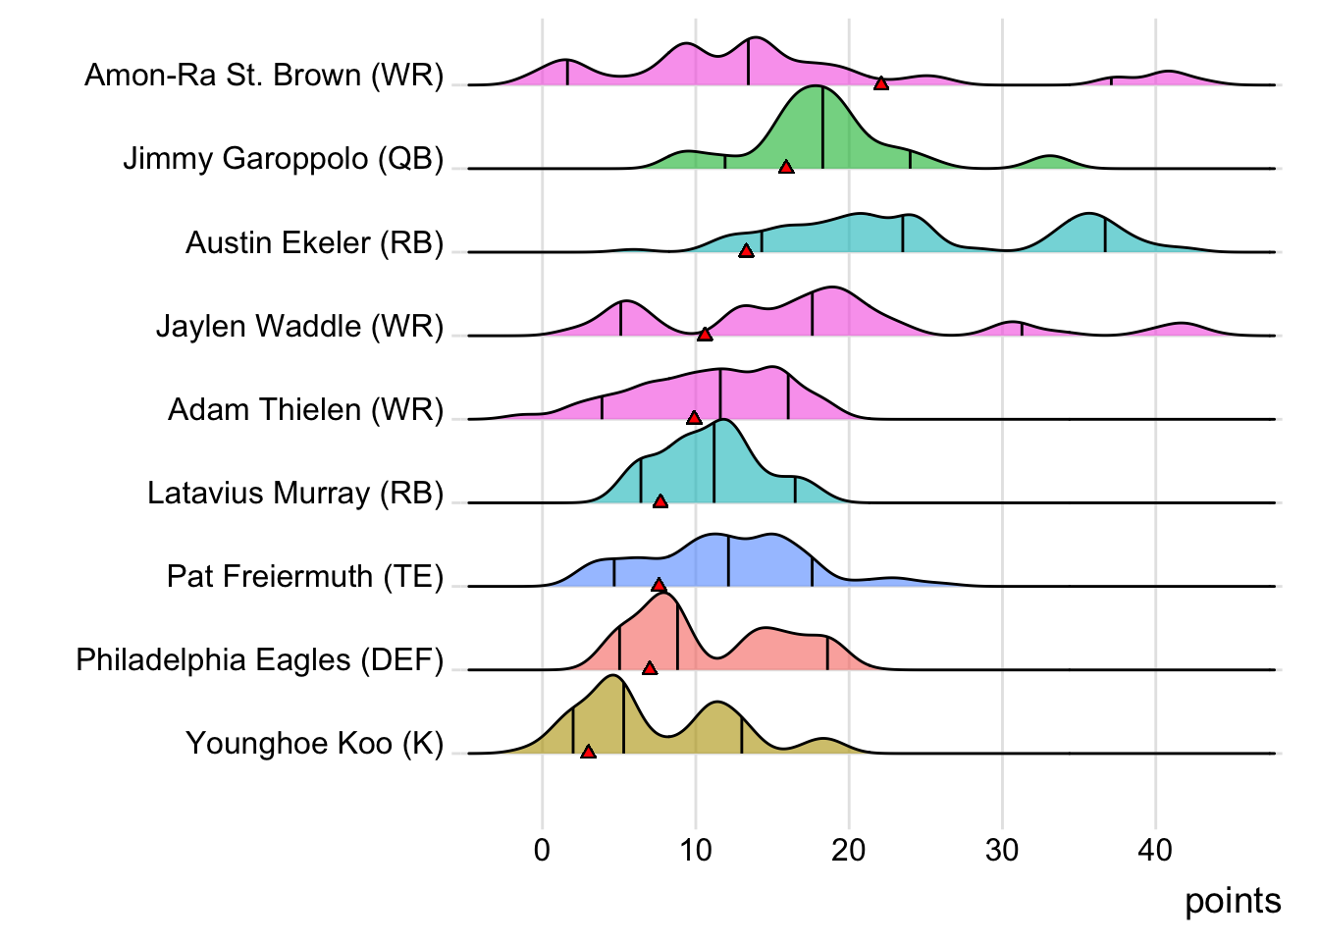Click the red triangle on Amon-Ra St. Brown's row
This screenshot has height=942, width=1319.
pyautogui.click(x=881, y=83)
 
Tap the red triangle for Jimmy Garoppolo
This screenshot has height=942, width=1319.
pyautogui.click(x=786, y=168)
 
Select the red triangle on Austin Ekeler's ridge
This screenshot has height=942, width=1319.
pyautogui.click(x=746, y=251)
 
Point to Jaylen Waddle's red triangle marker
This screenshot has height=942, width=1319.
pyautogui.click(x=705, y=335)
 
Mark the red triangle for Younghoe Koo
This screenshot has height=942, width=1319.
pyautogui.click(x=588, y=752)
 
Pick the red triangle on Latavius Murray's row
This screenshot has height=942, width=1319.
pyautogui.click(x=660, y=501)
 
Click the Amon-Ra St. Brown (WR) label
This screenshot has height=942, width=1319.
pyautogui.click(x=264, y=75)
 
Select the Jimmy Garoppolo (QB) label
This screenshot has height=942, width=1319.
pyautogui.click(x=284, y=158)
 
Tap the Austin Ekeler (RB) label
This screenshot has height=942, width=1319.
pyautogui.click(x=315, y=242)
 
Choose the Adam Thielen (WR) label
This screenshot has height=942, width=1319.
pyautogui.click(x=306, y=409)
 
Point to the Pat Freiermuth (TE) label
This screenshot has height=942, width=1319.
pyautogui.click(x=305, y=576)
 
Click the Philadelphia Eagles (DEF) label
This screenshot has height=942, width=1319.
pyautogui.click(x=260, y=659)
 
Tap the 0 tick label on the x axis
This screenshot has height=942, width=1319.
pyautogui.click(x=543, y=850)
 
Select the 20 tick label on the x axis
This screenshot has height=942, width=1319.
pyautogui.click(x=849, y=850)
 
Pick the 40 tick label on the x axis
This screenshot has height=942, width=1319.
pyautogui.click(x=1155, y=850)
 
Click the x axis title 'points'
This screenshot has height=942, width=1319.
pyautogui.click(x=1233, y=901)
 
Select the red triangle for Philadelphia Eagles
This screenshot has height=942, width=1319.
pyautogui.click(x=650, y=668)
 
